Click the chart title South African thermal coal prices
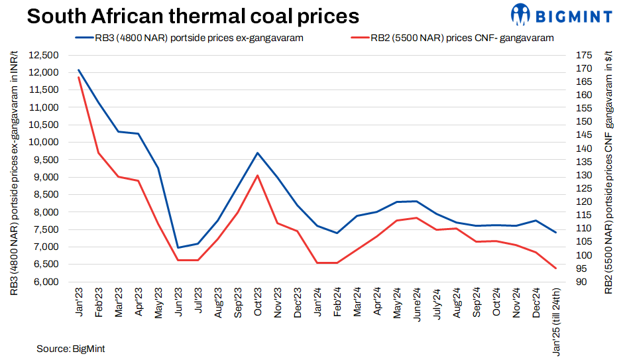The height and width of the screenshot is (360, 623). click(193, 16)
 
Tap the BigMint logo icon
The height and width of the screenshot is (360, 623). click(520, 14)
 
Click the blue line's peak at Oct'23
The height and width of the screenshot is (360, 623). click(258, 152)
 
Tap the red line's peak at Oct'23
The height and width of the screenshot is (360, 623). click(258, 175)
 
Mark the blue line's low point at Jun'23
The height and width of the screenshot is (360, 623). click(178, 247)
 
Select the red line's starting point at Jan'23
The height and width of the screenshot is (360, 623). click(79, 77)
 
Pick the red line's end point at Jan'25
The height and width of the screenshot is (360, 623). click(555, 268)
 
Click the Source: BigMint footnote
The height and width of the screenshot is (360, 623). click(71, 348)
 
